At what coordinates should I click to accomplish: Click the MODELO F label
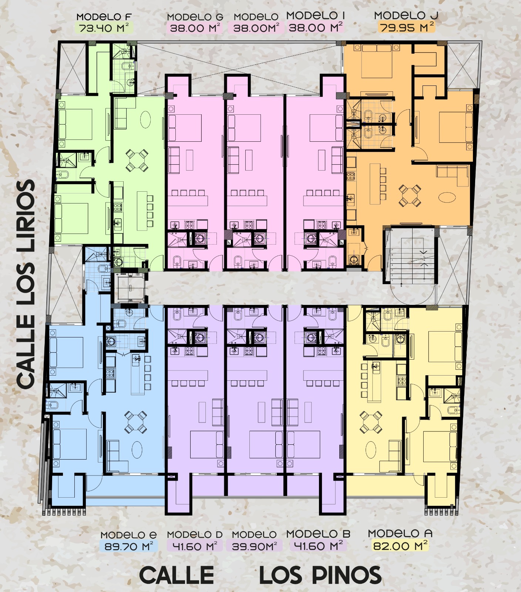click(x=104, y=17)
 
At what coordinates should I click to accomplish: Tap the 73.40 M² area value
click(x=104, y=28)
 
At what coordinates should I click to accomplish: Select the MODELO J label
click(x=406, y=16)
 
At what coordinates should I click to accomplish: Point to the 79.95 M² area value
click(x=406, y=27)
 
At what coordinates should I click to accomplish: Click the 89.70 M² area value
click(x=128, y=546)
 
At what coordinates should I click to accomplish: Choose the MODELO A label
click(x=400, y=534)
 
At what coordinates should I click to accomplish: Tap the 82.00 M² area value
click(x=400, y=545)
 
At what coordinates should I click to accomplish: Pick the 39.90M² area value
click(x=255, y=546)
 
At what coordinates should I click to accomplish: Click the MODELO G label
click(x=195, y=17)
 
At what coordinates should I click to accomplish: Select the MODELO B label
click(x=318, y=534)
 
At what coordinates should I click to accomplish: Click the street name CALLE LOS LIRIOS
click(x=26, y=284)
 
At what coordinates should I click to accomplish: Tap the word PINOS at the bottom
click(x=346, y=575)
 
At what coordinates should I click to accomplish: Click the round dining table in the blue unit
click(x=136, y=422)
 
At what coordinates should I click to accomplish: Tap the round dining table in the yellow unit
click(x=371, y=422)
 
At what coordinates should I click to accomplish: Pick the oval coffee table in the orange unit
click(x=447, y=197)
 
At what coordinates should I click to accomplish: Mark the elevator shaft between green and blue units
click(x=129, y=288)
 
